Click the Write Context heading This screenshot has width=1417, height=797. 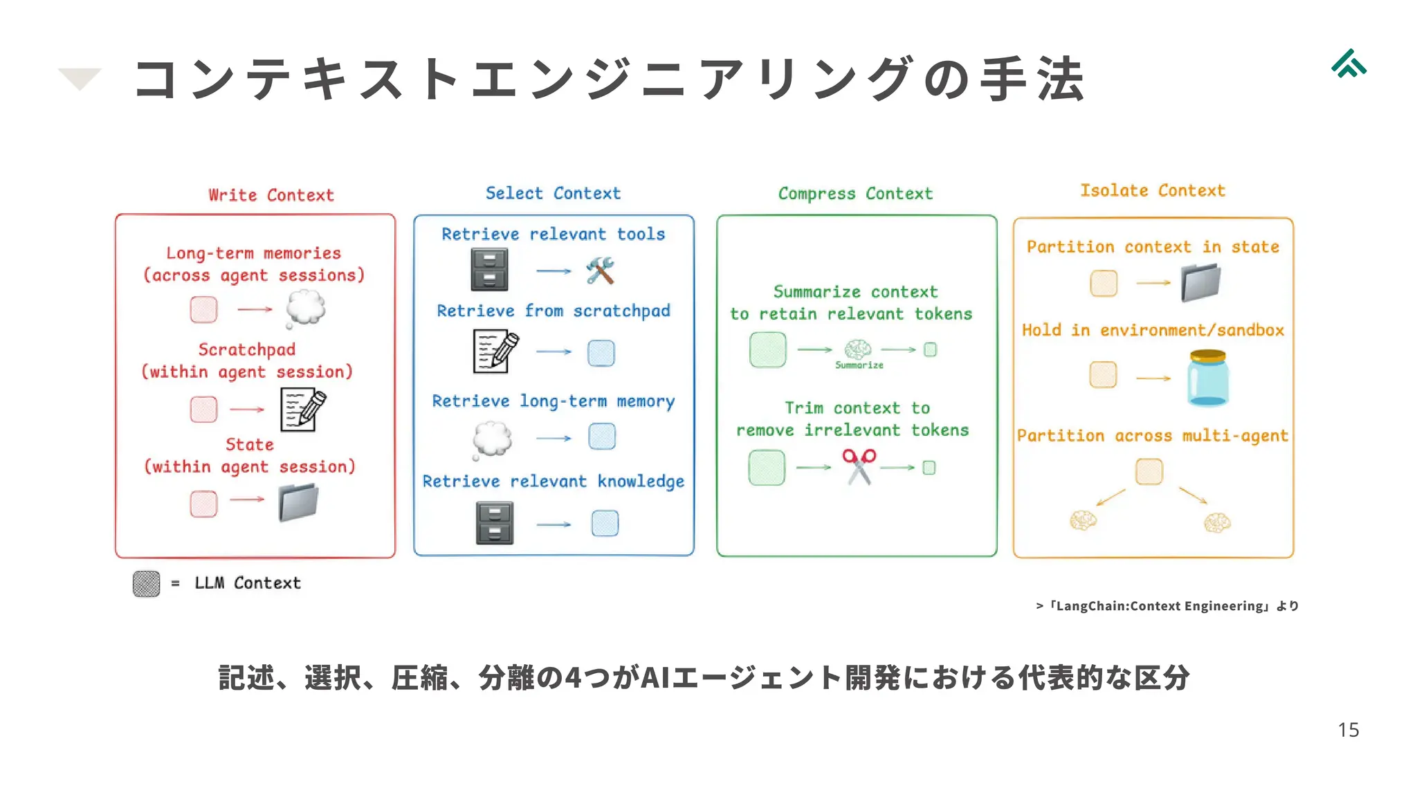pos(271,195)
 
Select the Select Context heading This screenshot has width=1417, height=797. pos(553,193)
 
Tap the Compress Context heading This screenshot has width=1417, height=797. pos(855,194)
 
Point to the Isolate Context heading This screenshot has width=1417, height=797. pos(1153,190)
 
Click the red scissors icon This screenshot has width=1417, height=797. pos(859,466)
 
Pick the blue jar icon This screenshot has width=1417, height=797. pos(1207,378)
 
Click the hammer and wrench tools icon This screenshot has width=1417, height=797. pos(600,271)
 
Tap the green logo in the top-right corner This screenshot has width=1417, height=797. pos(1349,64)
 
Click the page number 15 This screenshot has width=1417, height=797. pos(1348,730)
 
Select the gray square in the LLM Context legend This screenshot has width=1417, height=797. pos(146,584)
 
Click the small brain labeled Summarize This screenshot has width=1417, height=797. pos(858,349)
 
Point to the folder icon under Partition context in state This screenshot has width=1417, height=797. pos(1200,282)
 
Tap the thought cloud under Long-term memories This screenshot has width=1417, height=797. pos(305,308)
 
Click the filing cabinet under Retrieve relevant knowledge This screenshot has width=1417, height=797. pos(495,523)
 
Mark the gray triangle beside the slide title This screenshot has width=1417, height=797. pos(80,77)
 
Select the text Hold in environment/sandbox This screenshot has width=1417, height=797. pos(1153,330)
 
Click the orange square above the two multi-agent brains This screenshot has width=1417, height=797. pos(1149,472)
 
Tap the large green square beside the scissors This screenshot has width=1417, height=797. pos(767,468)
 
